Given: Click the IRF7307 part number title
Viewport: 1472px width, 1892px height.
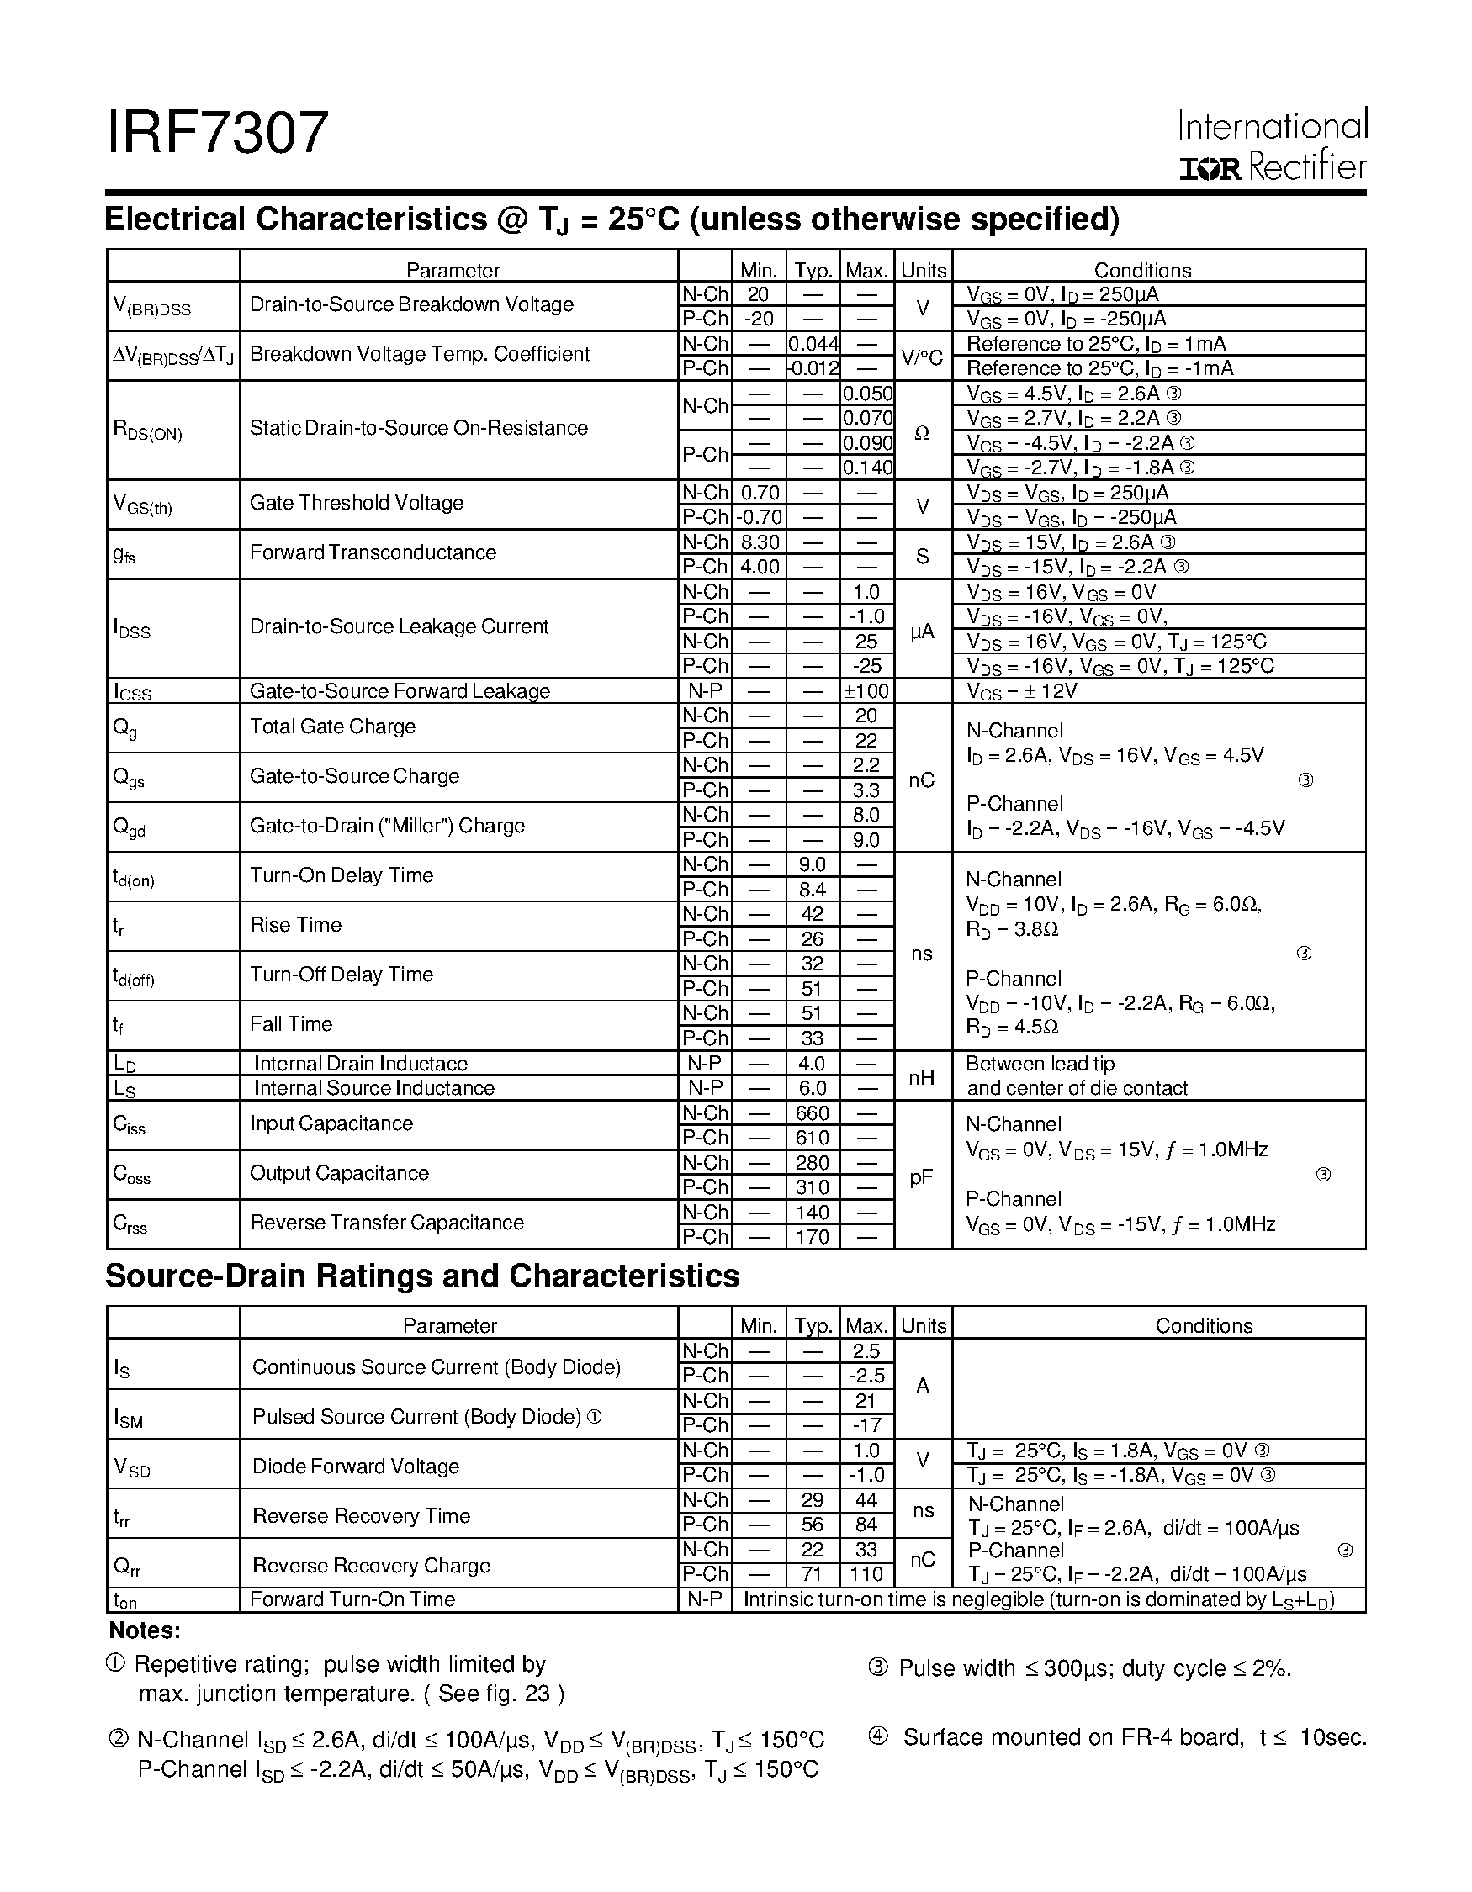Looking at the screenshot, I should (218, 134).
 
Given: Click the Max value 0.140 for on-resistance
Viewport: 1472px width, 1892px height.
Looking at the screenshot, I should (867, 468).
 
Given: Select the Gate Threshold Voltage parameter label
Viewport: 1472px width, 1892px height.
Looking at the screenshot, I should (356, 504).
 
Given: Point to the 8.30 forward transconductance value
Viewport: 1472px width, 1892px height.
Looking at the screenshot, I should (759, 542).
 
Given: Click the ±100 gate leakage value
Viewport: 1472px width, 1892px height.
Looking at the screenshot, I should (867, 691).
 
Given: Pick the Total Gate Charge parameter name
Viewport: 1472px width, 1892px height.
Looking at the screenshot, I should (333, 727).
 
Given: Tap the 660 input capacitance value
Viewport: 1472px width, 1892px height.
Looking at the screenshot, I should (812, 1113).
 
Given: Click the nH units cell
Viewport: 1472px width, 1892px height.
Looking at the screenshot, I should (922, 1077).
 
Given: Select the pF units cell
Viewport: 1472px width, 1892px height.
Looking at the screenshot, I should (922, 1176).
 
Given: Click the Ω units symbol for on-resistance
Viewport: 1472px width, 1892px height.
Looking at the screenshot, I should (922, 431).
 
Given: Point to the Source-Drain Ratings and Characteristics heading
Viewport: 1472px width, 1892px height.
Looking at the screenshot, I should (422, 1276).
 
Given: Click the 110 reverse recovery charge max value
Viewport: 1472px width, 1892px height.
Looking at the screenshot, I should (866, 1574).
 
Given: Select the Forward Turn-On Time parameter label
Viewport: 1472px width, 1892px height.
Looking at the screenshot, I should (352, 1599).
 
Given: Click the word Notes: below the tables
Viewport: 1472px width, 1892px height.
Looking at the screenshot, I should (145, 1631).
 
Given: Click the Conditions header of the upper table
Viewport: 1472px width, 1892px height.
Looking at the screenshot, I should (1142, 270).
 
